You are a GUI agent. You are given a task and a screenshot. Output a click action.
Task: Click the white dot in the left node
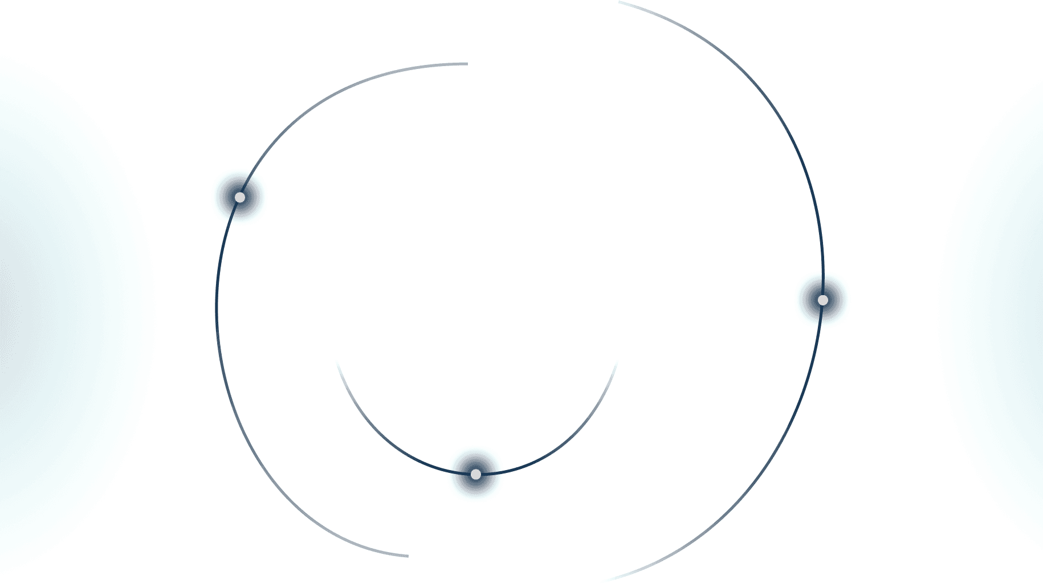click(240, 197)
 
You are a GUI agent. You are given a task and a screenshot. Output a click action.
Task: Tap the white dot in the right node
click(822, 300)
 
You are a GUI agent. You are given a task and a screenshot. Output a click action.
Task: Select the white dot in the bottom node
click(476, 474)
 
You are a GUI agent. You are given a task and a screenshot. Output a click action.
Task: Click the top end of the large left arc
click(466, 64)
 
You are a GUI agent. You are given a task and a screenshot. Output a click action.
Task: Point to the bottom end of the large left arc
click(406, 556)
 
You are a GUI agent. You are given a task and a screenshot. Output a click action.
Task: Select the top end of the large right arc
click(620, 3)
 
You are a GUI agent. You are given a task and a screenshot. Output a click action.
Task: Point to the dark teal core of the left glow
click(11, 308)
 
